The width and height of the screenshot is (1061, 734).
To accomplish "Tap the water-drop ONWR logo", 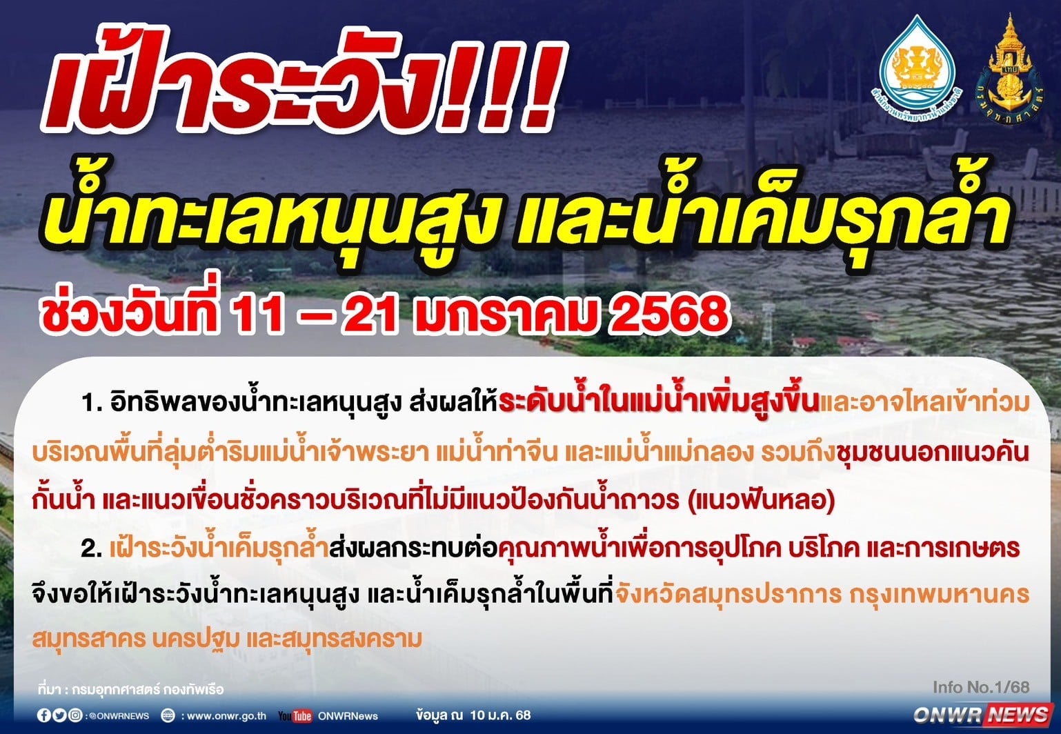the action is (x=918, y=64).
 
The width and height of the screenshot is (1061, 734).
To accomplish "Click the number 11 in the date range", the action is (x=256, y=314).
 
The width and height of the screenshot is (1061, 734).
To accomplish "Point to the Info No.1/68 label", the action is (x=981, y=687).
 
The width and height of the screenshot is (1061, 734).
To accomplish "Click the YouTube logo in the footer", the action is (x=295, y=716).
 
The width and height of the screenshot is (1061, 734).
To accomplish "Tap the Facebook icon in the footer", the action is (x=43, y=715).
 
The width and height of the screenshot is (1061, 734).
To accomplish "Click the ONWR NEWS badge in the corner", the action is (x=981, y=715).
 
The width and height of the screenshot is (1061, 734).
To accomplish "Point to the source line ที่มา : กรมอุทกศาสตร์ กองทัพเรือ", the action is (x=131, y=689).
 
